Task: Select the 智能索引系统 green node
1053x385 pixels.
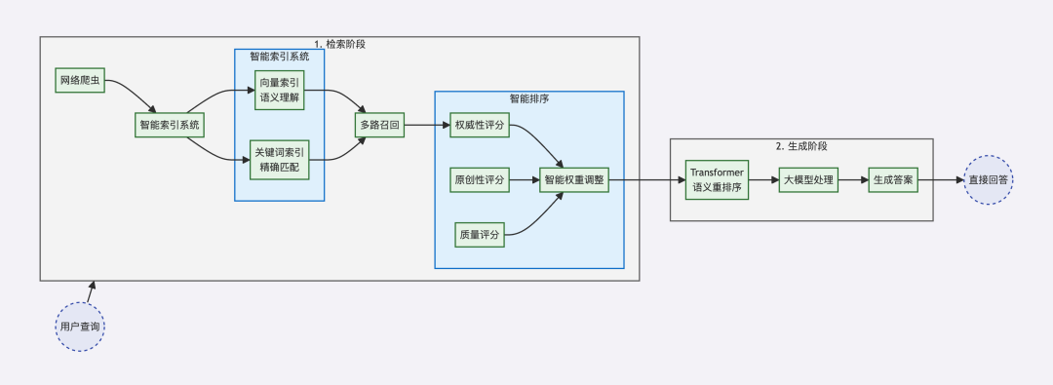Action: pyautogui.click(x=170, y=125)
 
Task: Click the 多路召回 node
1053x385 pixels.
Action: pyautogui.click(x=378, y=126)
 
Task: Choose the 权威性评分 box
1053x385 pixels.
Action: pyautogui.click(x=480, y=126)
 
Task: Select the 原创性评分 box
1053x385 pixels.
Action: pyautogui.click(x=480, y=180)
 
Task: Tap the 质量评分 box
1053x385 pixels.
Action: pyautogui.click(x=480, y=234)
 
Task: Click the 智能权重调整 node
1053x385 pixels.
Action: pyautogui.click(x=574, y=180)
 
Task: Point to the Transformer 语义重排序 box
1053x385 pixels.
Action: pyautogui.click(x=717, y=180)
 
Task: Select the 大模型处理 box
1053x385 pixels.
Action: pyautogui.click(x=808, y=180)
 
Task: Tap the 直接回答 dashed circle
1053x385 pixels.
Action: pyautogui.click(x=989, y=180)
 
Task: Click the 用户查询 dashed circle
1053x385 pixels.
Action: pyautogui.click(x=79, y=327)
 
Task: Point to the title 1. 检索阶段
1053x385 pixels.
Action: pyautogui.click(x=339, y=44)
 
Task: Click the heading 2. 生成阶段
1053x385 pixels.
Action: pyautogui.click(x=801, y=146)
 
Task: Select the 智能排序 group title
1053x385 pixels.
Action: pyautogui.click(x=528, y=98)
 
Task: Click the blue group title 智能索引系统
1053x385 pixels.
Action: pyautogui.click(x=279, y=57)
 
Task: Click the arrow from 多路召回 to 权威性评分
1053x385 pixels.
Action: pyautogui.click(x=425, y=126)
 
